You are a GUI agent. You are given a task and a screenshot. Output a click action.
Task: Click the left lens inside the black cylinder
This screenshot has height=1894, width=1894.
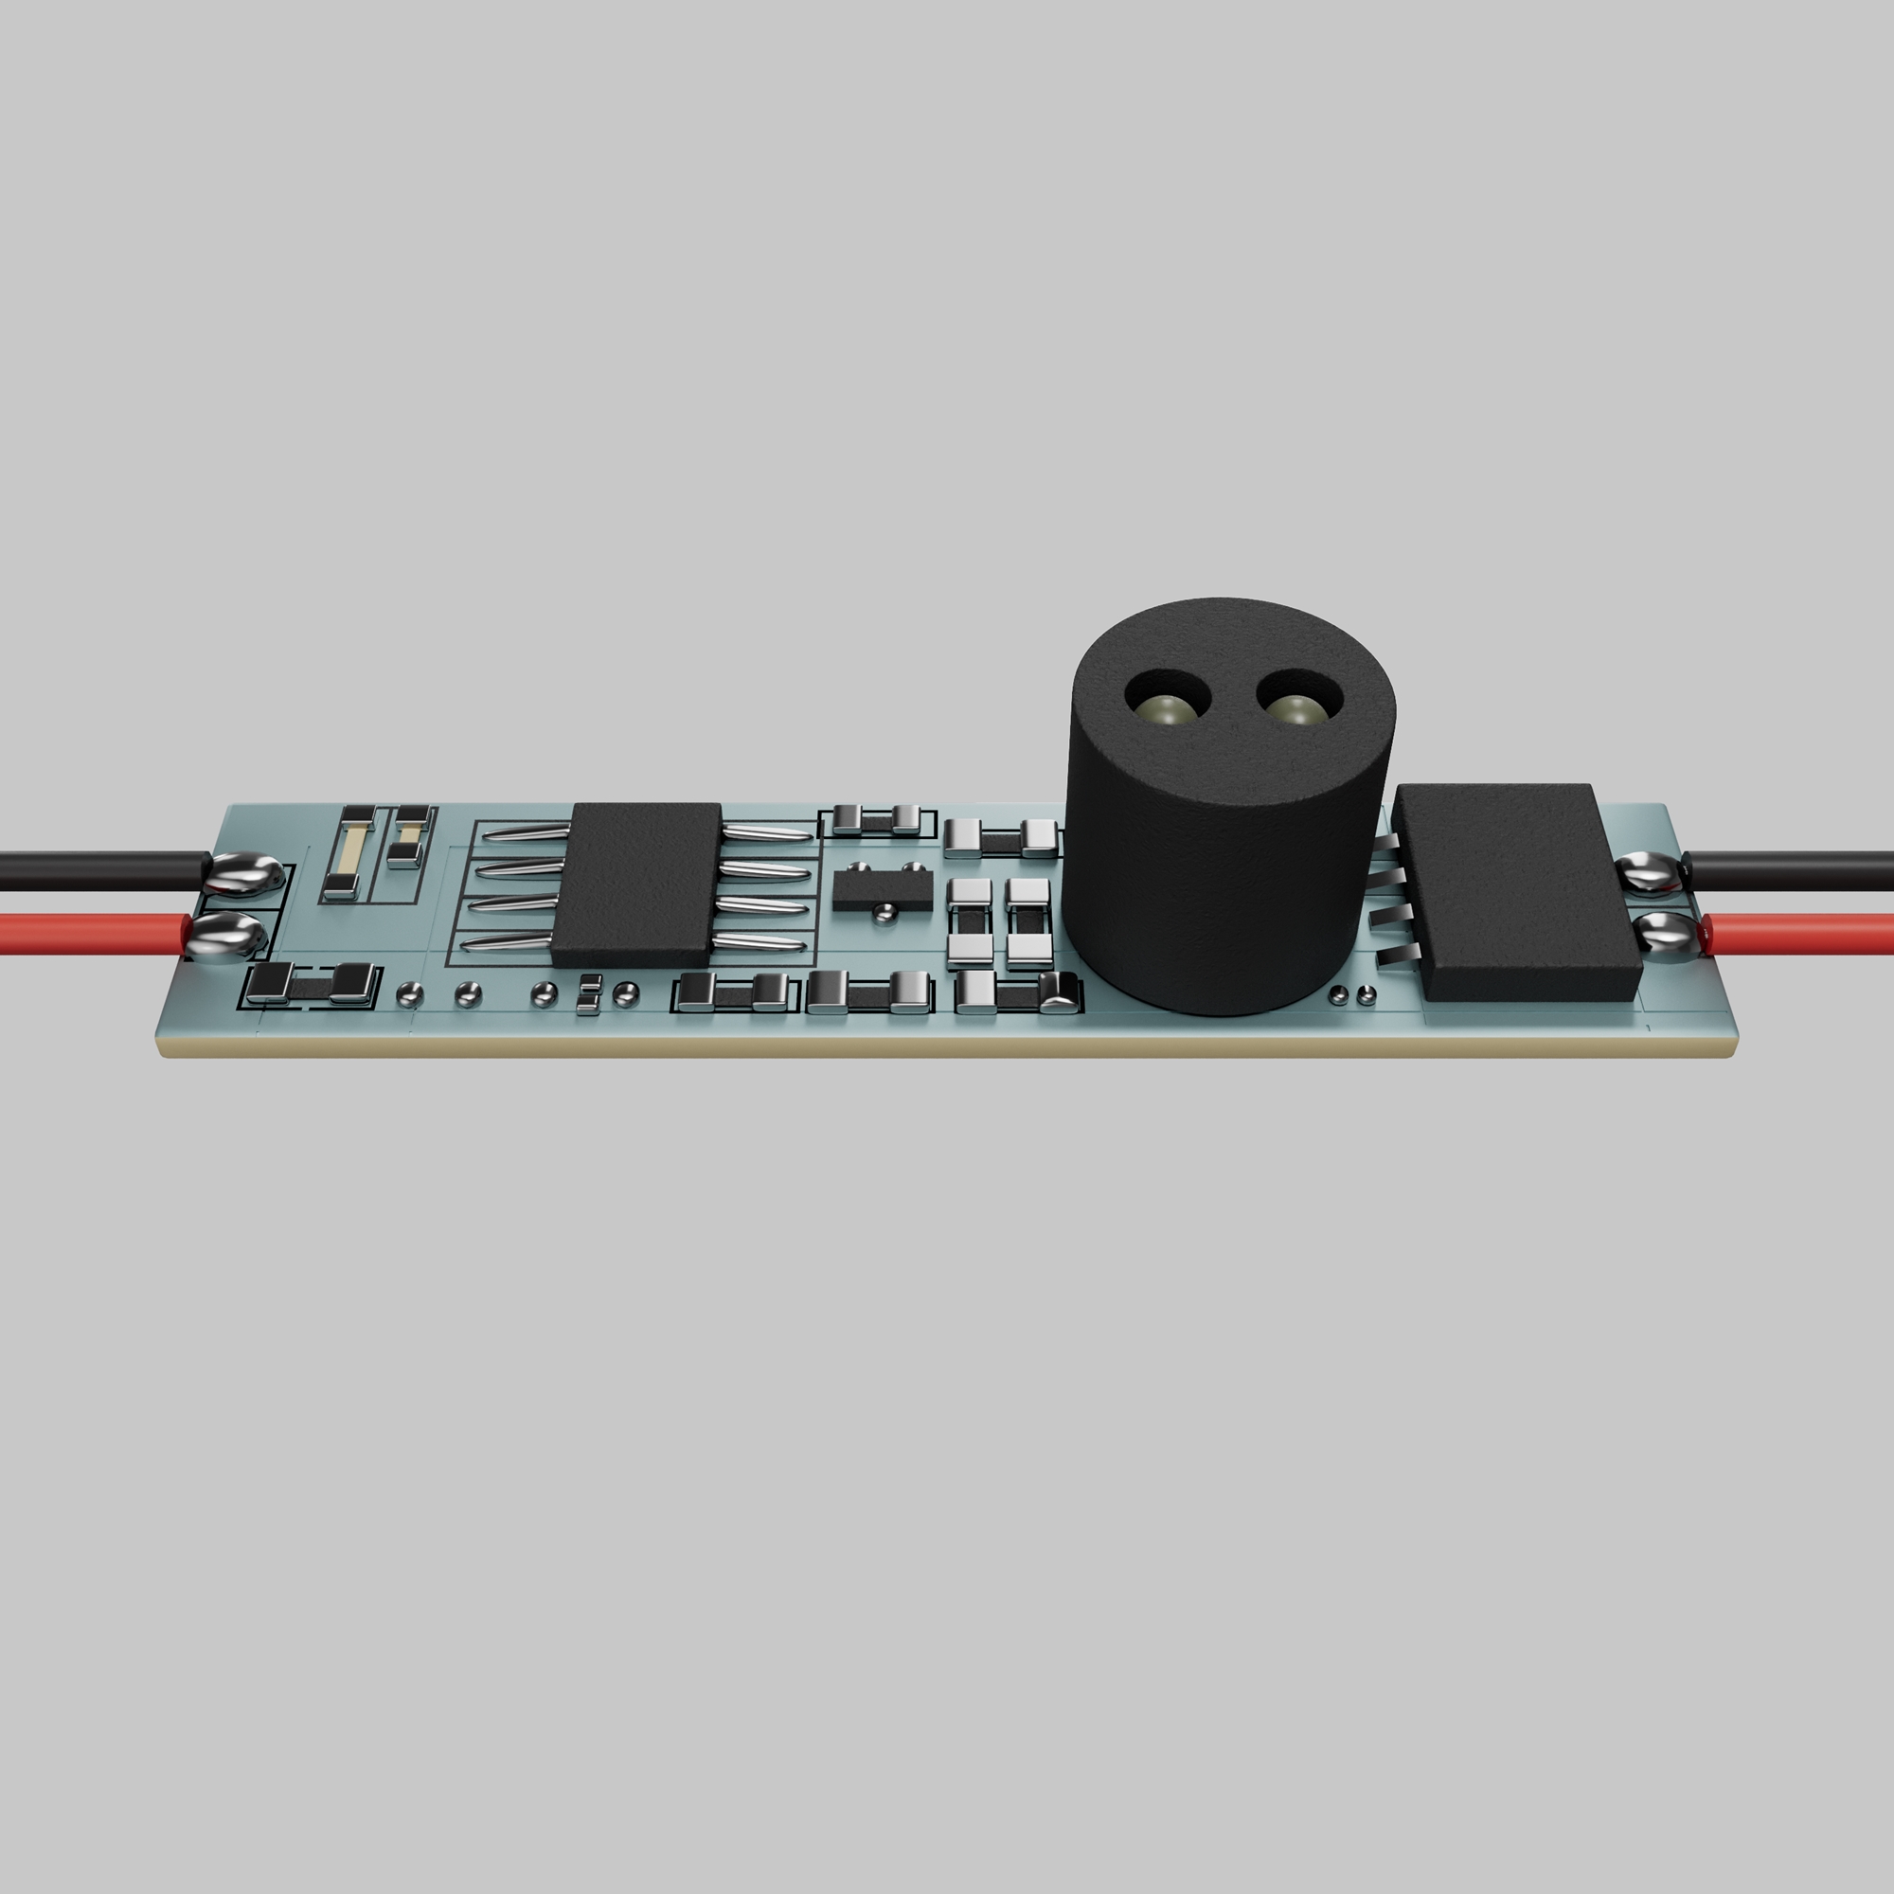pyautogui.click(x=1163, y=708)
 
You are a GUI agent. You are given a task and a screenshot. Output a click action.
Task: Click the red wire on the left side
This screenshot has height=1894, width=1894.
pyautogui.click(x=88, y=934)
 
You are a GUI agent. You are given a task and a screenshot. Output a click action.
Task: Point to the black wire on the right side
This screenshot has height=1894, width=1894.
pyautogui.click(x=1794, y=869)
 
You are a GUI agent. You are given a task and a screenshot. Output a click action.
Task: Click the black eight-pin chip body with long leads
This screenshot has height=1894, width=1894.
pyautogui.click(x=637, y=884)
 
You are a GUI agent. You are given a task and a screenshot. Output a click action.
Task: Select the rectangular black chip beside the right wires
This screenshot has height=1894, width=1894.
pyautogui.click(x=1514, y=890)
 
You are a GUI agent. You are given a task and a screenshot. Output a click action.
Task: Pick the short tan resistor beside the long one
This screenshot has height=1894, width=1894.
pyautogui.click(x=410, y=839)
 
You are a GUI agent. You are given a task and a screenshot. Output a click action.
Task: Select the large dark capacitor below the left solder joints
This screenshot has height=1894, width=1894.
pyautogui.click(x=312, y=985)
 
